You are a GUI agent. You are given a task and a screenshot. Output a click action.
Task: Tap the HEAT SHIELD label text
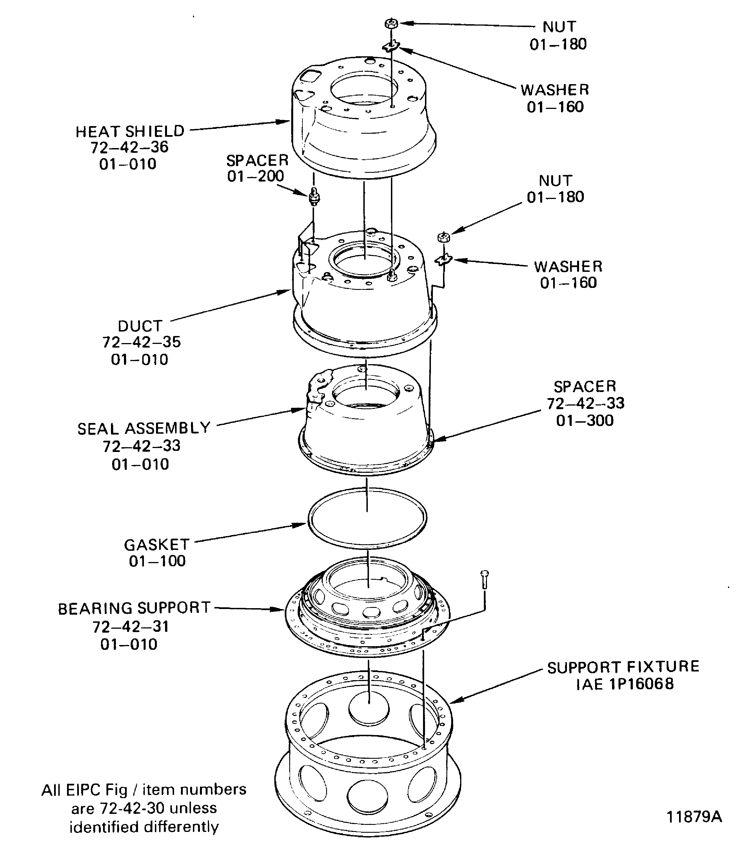coord(130,131)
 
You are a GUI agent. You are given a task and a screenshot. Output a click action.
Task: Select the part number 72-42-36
coord(130,147)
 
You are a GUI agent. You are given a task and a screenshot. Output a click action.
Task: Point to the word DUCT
coord(140,326)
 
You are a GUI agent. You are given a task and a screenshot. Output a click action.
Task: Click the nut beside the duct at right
coord(443,238)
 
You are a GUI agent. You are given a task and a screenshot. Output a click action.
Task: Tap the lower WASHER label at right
coord(568,267)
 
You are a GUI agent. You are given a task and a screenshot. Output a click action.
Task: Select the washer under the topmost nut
coord(391,46)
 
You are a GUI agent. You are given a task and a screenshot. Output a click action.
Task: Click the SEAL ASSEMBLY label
coord(144,428)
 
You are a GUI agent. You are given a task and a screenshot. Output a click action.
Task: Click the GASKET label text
coord(157,545)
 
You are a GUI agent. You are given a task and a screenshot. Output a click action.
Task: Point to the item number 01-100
coord(157,561)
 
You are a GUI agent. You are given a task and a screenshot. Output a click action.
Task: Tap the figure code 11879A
coord(694,816)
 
